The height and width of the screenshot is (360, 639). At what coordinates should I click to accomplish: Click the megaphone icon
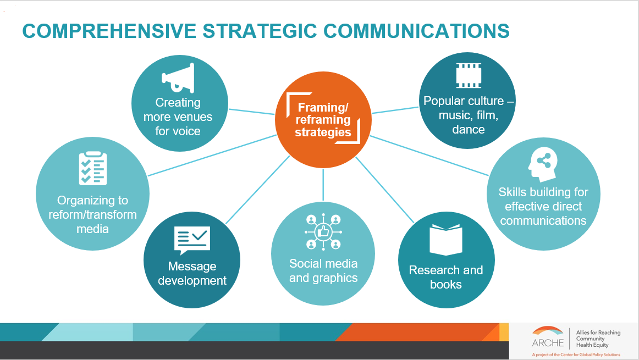[178, 79]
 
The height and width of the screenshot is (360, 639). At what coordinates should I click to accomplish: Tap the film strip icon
[469, 76]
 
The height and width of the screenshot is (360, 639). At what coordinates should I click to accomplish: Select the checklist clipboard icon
[92, 168]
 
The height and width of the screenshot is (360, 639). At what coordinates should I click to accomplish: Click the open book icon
[445, 240]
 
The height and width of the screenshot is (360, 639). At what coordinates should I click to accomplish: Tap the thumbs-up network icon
[323, 232]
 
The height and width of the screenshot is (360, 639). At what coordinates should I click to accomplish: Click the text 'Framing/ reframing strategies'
[323, 120]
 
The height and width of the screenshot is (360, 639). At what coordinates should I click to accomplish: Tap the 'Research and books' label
[445, 277]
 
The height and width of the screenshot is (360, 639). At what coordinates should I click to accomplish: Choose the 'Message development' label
[192, 273]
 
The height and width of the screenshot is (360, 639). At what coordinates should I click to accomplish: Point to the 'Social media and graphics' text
[323, 270]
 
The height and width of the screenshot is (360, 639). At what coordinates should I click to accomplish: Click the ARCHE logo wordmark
[548, 343]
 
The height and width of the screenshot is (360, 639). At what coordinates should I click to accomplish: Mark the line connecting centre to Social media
[323, 185]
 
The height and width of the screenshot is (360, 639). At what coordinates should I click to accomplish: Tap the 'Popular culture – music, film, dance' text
[469, 115]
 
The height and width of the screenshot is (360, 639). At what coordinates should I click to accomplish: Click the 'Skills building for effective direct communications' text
[543, 206]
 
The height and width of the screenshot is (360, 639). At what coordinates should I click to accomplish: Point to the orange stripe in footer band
[418, 332]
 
